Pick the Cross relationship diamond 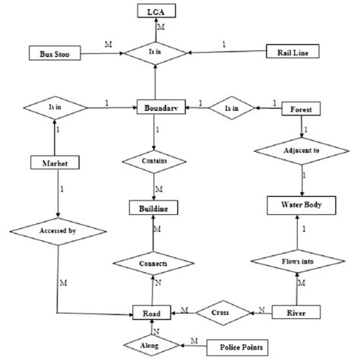click(223, 311)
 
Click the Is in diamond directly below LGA click(155, 53)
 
